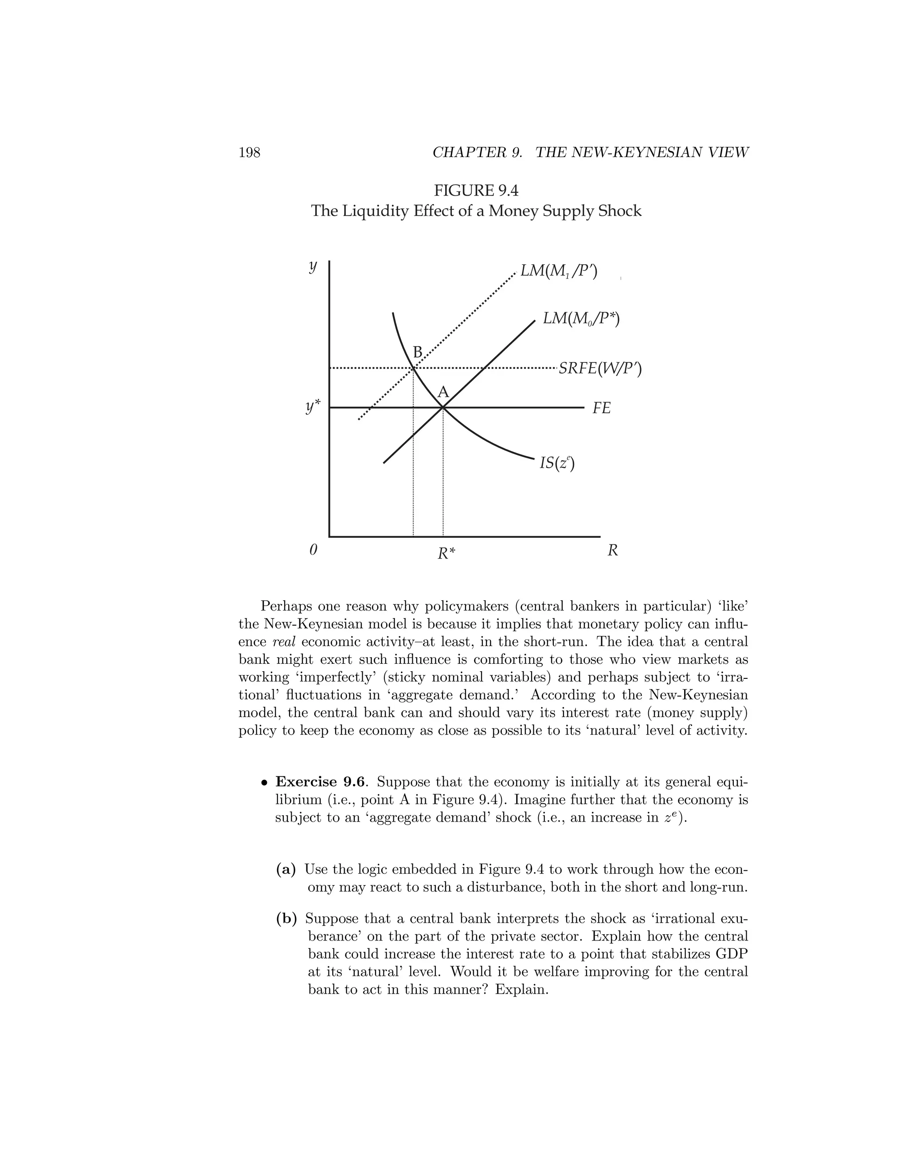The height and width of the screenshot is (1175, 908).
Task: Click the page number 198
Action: (249, 153)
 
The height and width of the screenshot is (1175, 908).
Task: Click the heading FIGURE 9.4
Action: (476, 191)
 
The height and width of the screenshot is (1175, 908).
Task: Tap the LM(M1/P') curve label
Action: (558, 270)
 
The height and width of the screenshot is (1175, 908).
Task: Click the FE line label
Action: (601, 408)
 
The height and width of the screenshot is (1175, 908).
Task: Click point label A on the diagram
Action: (443, 392)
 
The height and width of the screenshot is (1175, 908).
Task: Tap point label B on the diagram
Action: (417, 352)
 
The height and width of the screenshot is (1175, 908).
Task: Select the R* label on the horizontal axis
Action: (446, 553)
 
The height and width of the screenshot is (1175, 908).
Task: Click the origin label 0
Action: (313, 550)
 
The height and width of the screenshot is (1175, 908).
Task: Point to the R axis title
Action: (612, 550)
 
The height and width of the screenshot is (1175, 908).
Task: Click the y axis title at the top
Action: (313, 267)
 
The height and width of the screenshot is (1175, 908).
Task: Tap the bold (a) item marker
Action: (286, 869)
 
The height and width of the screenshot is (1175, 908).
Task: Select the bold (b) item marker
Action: (286, 919)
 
